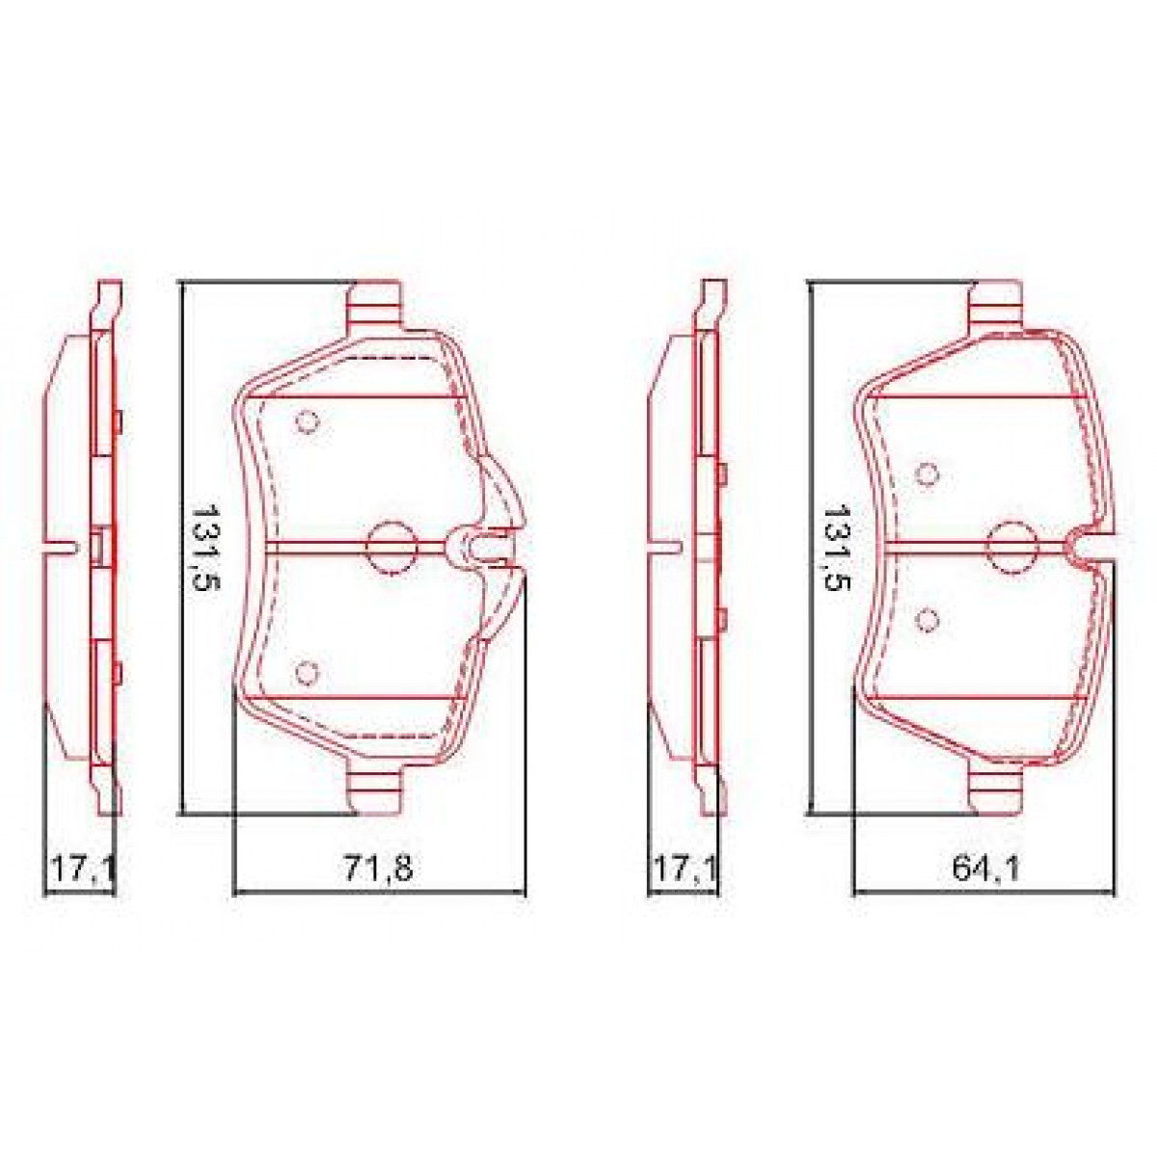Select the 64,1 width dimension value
986,869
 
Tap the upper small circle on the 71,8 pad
308,422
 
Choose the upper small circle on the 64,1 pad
928,473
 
